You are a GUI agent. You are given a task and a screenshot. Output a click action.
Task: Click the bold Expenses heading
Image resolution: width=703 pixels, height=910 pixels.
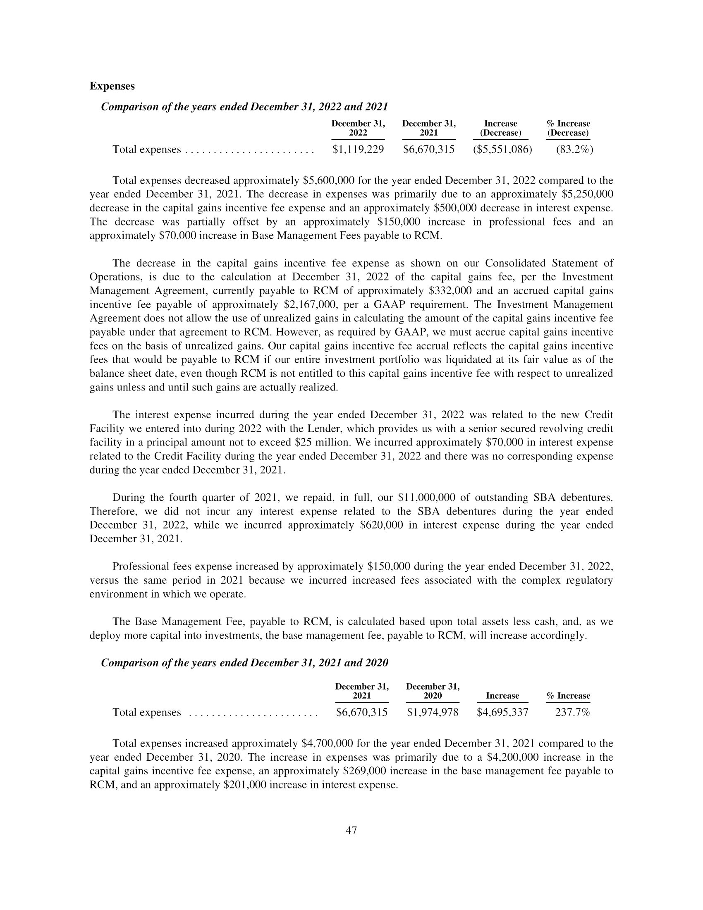tap(112, 86)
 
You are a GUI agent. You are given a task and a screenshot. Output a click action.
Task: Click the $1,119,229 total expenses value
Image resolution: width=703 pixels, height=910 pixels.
tap(358, 149)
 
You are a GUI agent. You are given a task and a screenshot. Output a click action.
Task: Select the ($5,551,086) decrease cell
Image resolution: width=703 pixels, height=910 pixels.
tap(502, 149)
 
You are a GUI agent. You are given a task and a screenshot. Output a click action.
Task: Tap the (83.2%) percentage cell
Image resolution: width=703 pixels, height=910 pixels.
tap(574, 149)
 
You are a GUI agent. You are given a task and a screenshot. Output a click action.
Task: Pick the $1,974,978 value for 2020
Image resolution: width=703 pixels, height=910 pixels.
tap(432, 712)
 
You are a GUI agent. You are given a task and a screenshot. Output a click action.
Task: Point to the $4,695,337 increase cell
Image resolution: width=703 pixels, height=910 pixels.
tap(502, 712)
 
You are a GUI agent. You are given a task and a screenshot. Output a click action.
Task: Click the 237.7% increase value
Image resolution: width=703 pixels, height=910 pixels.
tap(573, 712)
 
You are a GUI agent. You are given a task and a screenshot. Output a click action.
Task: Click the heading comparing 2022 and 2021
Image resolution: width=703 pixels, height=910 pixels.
tap(244, 107)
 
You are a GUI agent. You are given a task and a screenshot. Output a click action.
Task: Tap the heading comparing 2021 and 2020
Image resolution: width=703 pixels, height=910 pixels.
tap(244, 663)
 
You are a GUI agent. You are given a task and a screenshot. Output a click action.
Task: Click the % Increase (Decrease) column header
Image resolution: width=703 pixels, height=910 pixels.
tap(568, 128)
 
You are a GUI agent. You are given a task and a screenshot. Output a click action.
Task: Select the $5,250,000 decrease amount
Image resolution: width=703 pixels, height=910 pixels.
tap(587, 194)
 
